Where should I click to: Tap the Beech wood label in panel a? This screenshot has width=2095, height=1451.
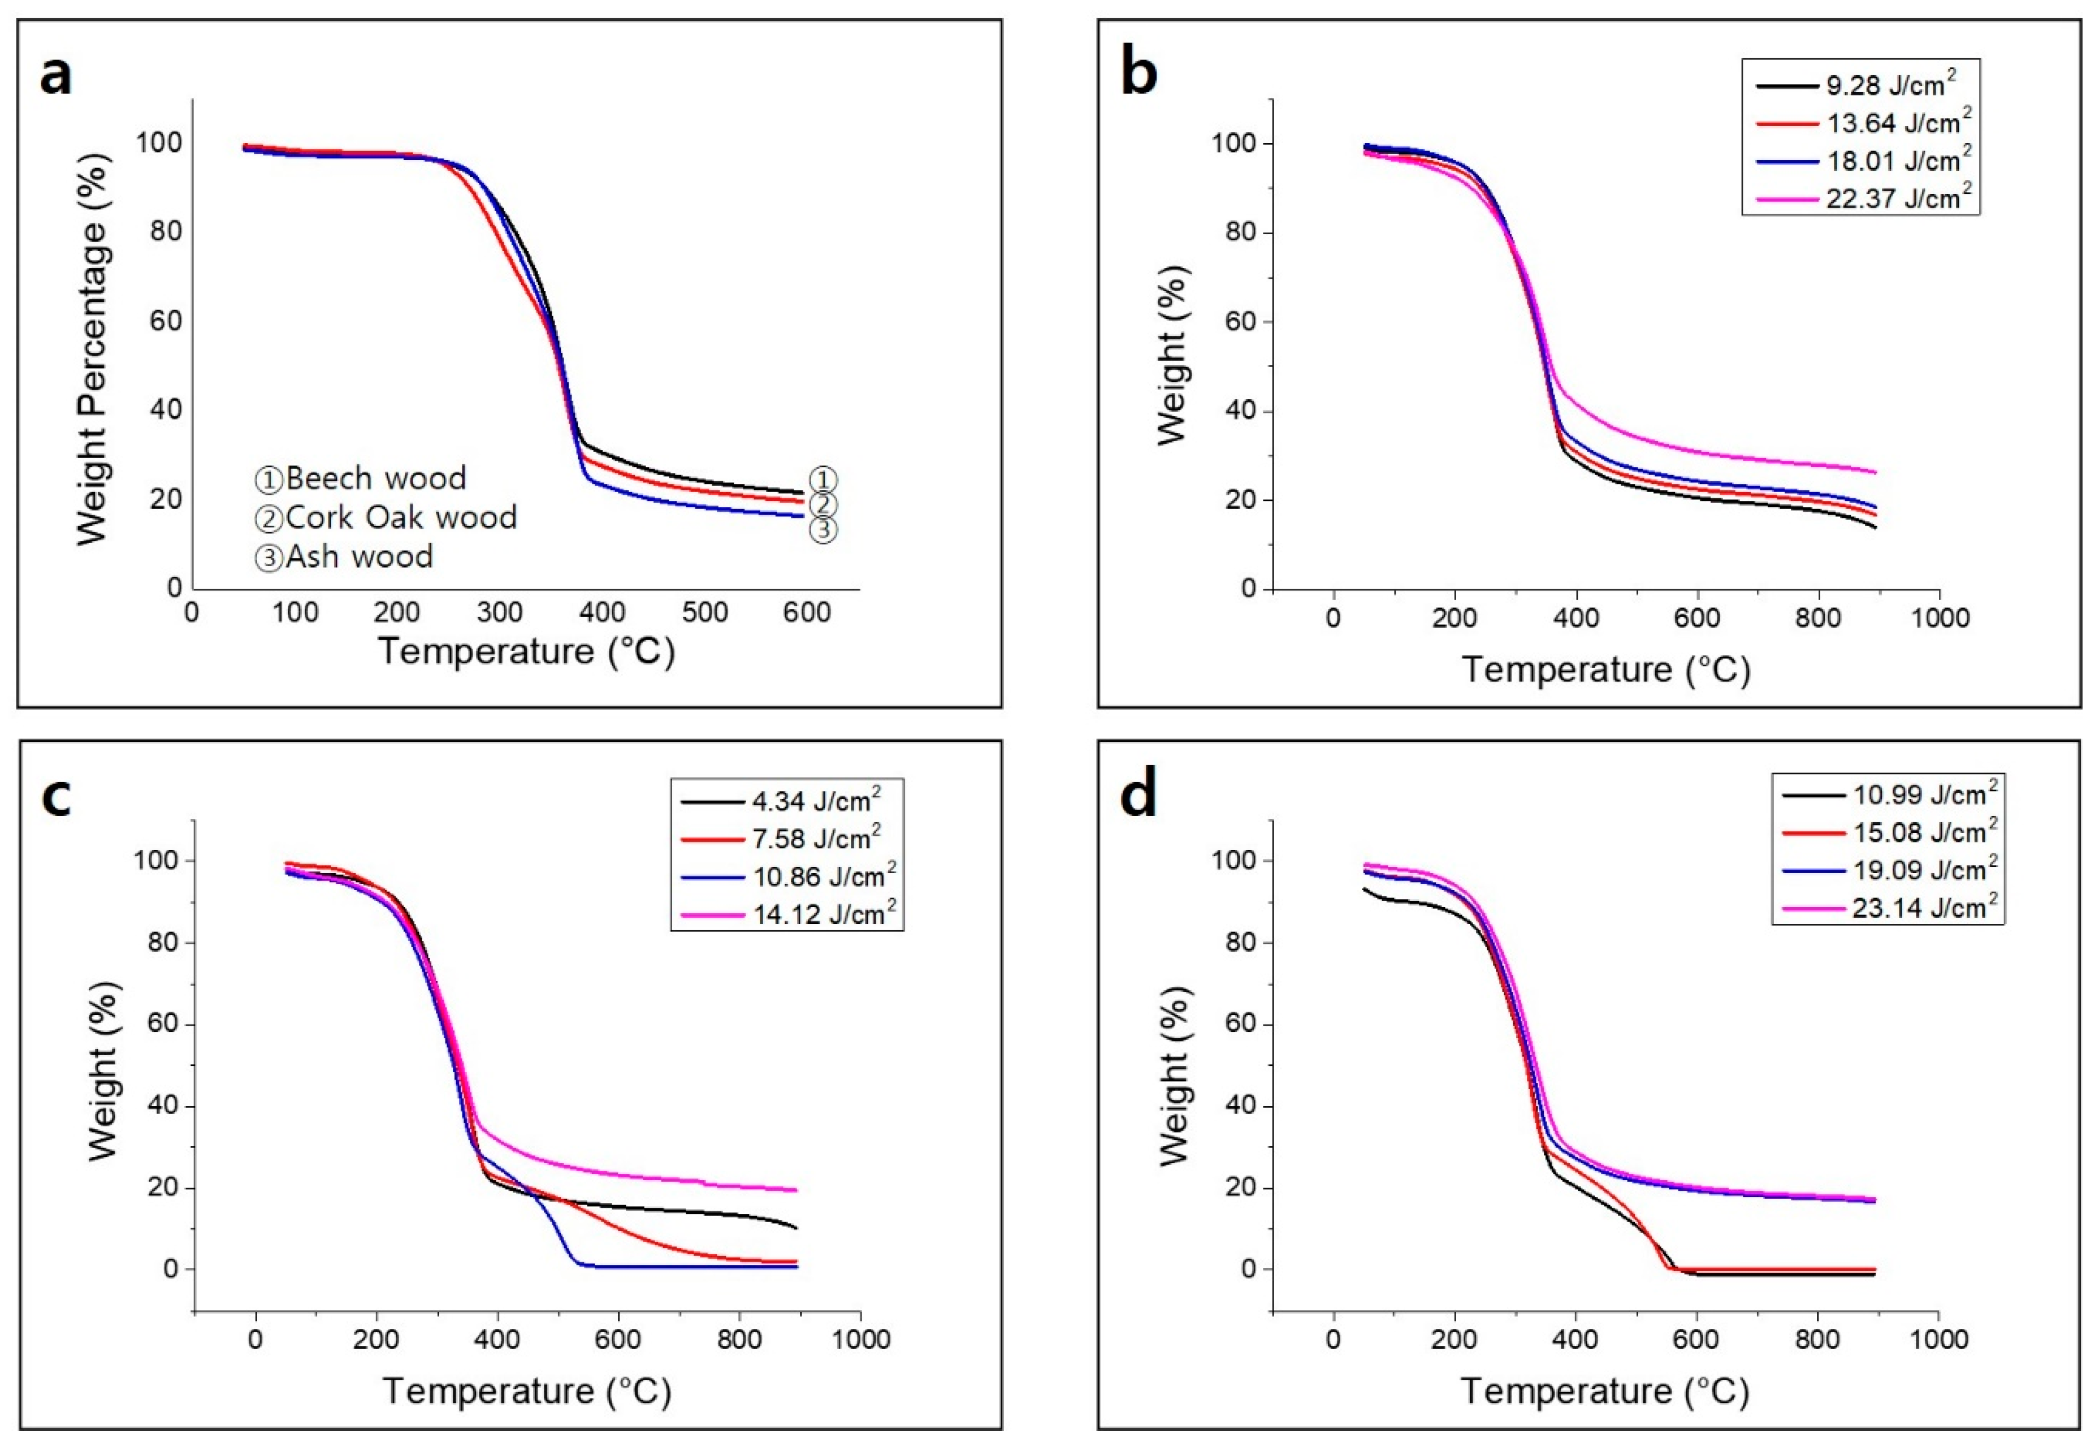point(361,478)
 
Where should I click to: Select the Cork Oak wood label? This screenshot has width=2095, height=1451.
point(386,517)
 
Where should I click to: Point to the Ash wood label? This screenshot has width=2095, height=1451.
point(344,556)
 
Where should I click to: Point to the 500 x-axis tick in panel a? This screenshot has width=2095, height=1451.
point(704,613)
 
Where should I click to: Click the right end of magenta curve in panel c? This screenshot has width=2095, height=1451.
point(795,1190)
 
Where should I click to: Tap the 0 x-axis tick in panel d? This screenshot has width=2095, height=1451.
point(1332,1339)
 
